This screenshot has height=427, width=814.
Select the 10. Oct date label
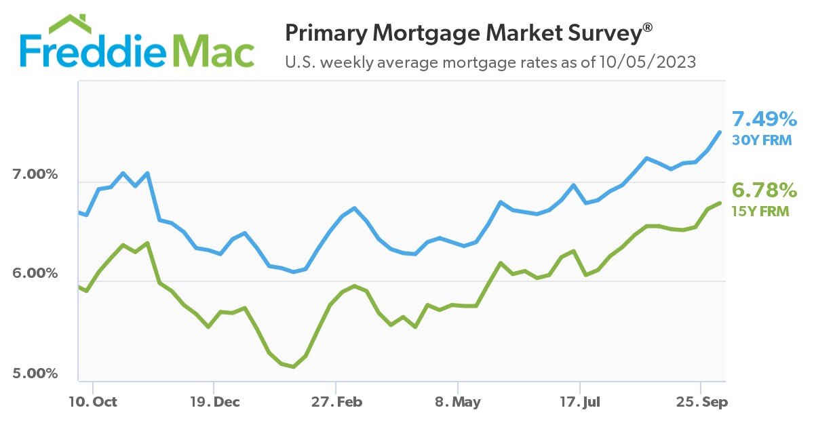pyautogui.click(x=92, y=402)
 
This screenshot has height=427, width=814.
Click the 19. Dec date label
pyautogui.click(x=214, y=402)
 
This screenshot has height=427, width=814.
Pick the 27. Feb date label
pyautogui.click(x=336, y=402)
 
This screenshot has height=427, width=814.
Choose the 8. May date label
pyautogui.click(x=457, y=402)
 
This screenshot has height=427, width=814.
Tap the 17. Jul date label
pyautogui.click(x=580, y=402)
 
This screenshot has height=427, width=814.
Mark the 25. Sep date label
pyautogui.click(x=701, y=402)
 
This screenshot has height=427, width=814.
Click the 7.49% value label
pyautogui.click(x=764, y=120)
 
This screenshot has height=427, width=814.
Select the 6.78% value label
pyautogui.click(x=764, y=190)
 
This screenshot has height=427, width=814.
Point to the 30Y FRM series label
pyautogui.click(x=761, y=141)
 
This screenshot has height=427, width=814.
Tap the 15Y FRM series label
pyautogui.click(x=760, y=211)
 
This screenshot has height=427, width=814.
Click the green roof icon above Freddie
pyautogui.click(x=71, y=24)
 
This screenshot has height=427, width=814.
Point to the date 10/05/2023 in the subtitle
pyautogui.click(x=647, y=62)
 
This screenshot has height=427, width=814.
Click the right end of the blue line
pyautogui.click(x=720, y=131)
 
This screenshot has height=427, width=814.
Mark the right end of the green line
pyautogui.click(x=720, y=203)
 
